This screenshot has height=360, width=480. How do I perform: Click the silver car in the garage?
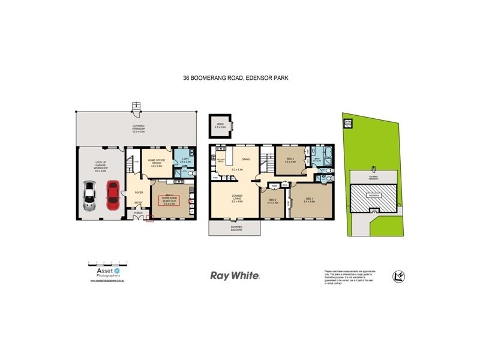(x=89, y=196)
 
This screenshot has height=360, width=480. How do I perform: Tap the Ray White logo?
(x=235, y=276)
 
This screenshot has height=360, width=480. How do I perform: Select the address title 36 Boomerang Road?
(x=239, y=78)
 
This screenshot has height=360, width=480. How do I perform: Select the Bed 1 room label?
(x=310, y=200)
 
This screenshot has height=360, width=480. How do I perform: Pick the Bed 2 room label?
(x=273, y=201)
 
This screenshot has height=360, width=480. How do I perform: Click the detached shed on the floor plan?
(x=218, y=126)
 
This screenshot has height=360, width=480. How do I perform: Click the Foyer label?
(x=139, y=193)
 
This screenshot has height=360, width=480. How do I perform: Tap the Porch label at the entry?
(x=137, y=212)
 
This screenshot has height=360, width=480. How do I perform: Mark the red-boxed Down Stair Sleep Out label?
(x=172, y=201)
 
